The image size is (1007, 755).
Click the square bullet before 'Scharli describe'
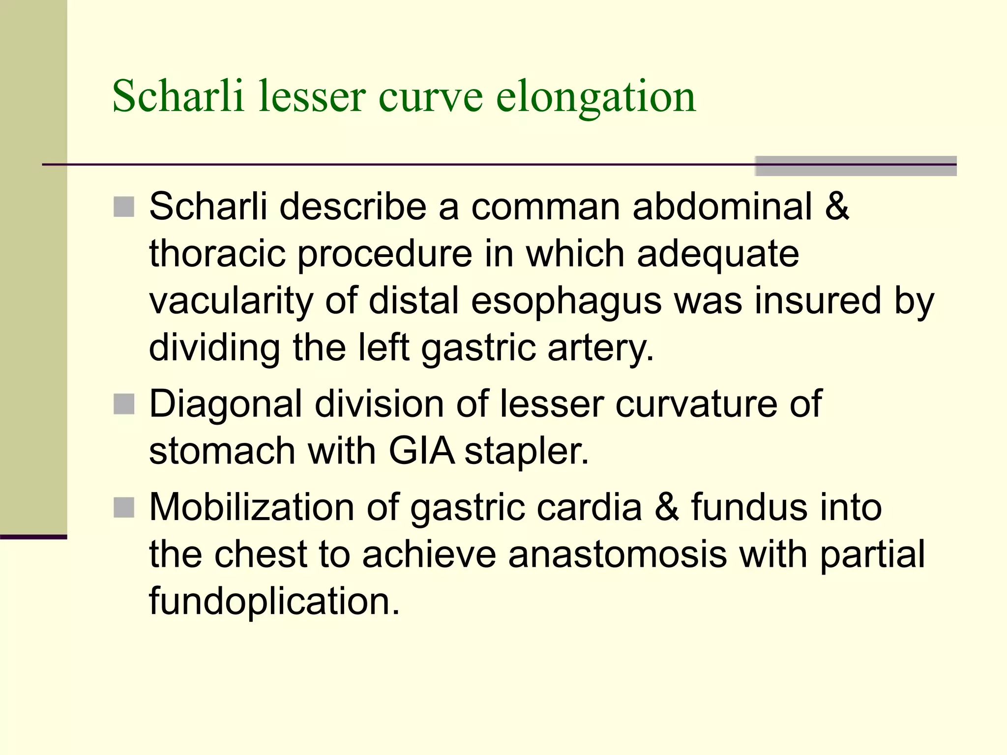[124, 207]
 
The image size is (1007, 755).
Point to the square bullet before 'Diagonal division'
[124, 405]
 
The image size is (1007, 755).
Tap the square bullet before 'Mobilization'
[124, 507]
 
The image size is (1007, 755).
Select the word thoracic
[217, 254]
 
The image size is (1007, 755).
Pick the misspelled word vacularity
[231, 301]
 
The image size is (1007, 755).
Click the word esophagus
[566, 301]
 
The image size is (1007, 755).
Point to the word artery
[600, 348]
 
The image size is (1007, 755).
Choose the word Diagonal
[226, 404]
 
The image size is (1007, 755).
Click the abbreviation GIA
[421, 451]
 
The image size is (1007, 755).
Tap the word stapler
[526, 451]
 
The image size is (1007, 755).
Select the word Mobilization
[252, 507]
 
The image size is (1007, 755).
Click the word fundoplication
[274, 601]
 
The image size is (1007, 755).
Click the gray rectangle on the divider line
[856, 166]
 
